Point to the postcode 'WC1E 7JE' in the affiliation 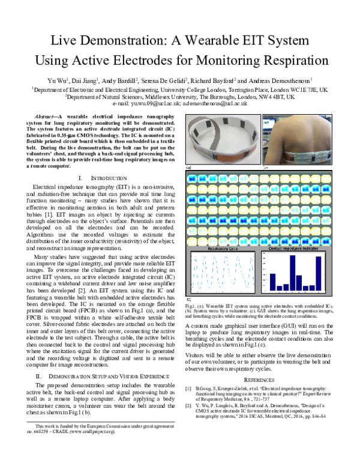pos(311,89)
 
